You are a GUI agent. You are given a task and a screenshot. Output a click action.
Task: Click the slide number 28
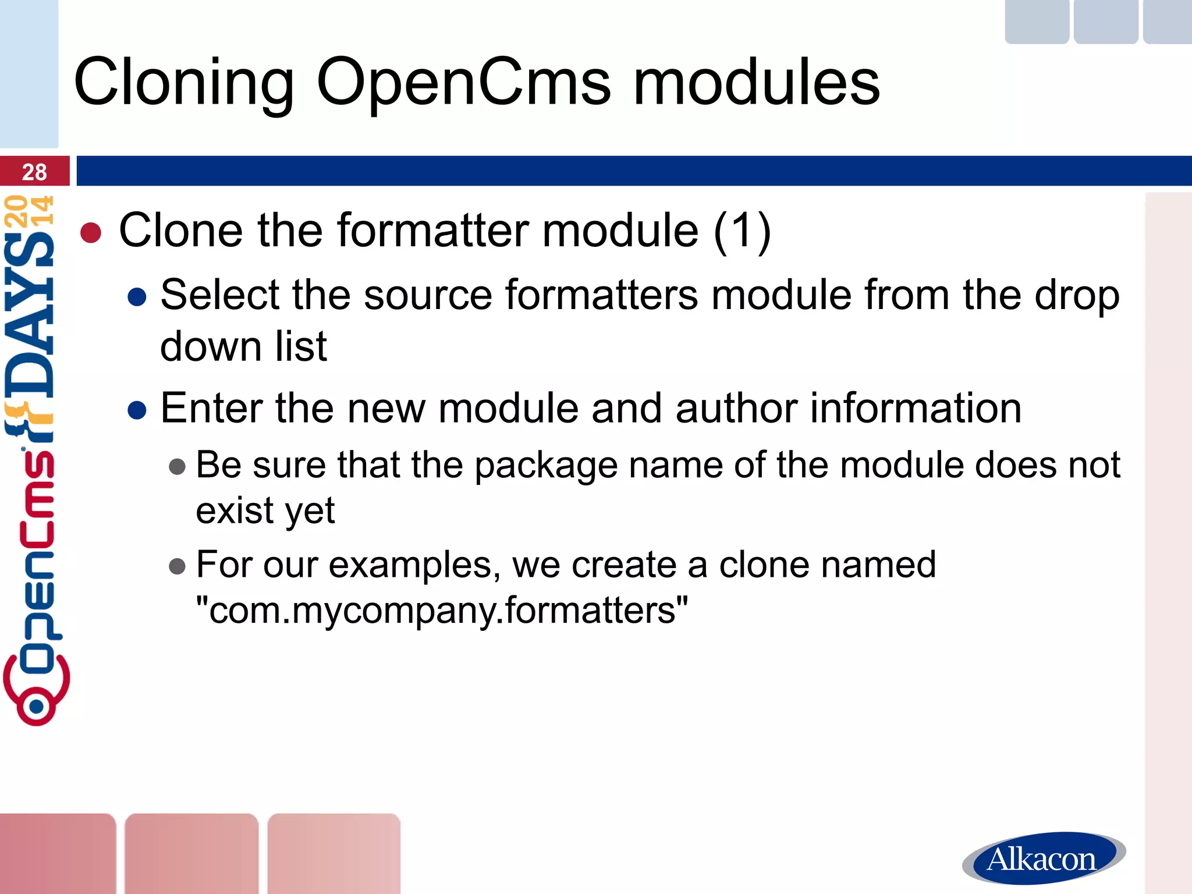point(34,172)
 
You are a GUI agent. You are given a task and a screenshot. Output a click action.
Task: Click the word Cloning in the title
point(184,82)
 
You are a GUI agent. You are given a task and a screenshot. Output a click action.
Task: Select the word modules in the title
point(757,82)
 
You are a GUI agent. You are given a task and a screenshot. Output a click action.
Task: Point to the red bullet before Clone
point(91,233)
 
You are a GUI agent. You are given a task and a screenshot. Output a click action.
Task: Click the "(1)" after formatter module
point(742,231)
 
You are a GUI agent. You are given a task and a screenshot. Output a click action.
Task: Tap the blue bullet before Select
point(137,297)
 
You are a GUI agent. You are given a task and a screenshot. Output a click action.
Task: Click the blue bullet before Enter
point(137,410)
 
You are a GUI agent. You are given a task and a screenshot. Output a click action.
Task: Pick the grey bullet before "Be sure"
point(177,466)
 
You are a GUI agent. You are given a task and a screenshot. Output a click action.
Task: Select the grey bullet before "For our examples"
point(177,566)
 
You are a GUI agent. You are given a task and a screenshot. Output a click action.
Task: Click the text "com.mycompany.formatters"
point(442,610)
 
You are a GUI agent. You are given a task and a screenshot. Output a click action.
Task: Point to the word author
point(737,408)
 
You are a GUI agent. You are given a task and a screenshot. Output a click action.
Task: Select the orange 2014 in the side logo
point(29,211)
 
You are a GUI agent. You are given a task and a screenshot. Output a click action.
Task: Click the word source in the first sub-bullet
point(428,295)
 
